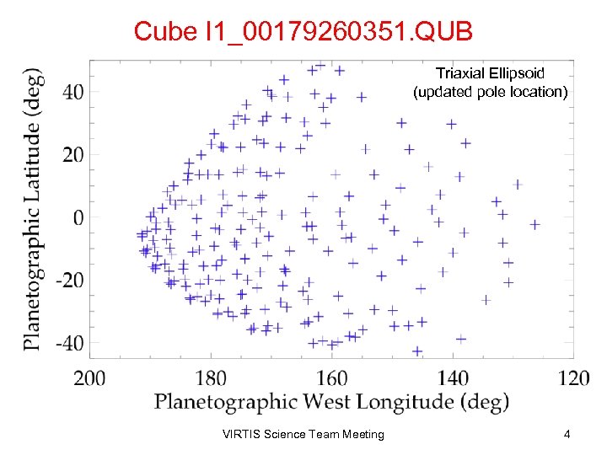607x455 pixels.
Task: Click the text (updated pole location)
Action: [490, 91]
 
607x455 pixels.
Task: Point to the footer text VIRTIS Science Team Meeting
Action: [303, 435]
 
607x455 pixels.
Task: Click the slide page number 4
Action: [567, 435]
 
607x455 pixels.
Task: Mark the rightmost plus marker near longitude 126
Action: [534, 224]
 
